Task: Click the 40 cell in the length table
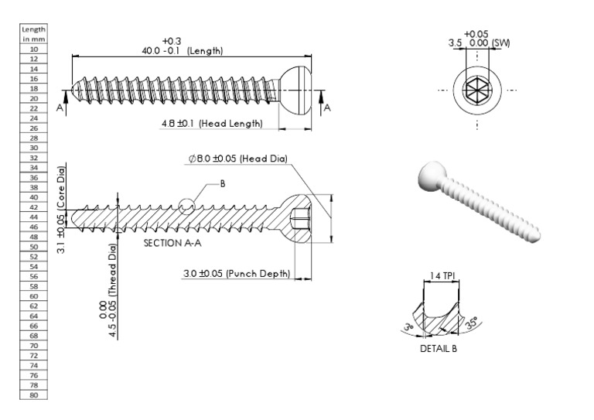tap(34, 196)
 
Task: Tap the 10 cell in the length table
tap(34, 49)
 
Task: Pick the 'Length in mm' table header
tap(34, 33)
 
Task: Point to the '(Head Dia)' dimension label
tap(263, 159)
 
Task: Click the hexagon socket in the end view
tap(476, 90)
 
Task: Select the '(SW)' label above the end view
tap(500, 43)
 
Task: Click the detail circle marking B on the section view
tap(186, 207)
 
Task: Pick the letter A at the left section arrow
tap(59, 108)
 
